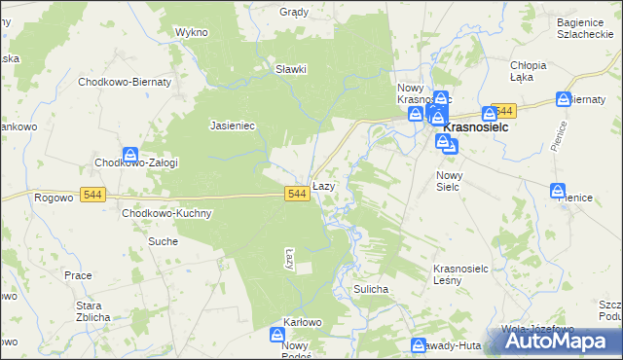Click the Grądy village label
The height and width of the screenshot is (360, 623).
293,13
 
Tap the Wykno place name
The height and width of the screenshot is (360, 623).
192,32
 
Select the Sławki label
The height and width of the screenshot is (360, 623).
291,69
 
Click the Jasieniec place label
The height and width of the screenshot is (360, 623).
233,126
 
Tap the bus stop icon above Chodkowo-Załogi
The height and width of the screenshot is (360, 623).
130,154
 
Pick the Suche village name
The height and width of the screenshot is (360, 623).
163,240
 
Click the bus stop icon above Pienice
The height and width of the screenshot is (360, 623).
558,190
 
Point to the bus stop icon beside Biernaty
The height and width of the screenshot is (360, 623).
564,98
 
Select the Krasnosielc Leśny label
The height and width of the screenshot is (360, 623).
460,273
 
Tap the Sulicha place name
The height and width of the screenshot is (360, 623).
372,289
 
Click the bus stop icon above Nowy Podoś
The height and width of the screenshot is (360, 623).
277,335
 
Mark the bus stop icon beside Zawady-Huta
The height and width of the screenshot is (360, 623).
419,344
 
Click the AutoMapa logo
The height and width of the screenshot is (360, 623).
557,340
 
